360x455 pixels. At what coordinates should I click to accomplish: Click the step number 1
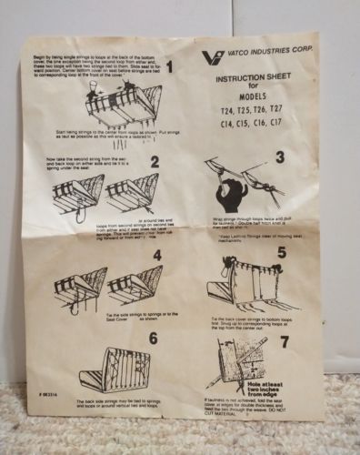[168, 67]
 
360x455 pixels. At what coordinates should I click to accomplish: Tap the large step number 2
[155, 162]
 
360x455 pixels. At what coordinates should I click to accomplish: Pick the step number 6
[153, 339]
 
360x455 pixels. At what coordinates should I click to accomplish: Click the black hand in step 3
[233, 193]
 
